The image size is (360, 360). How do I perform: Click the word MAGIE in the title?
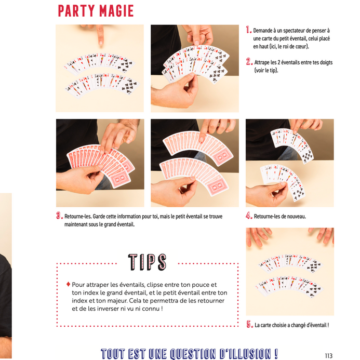click(116, 11)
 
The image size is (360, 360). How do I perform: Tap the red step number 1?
click(249, 30)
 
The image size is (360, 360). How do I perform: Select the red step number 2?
click(249, 61)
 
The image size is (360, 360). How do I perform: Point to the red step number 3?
click(59, 216)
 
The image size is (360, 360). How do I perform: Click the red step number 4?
click(249, 216)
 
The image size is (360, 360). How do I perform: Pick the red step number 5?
click(249, 324)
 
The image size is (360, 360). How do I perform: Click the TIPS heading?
click(147, 262)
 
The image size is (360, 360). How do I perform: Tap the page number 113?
click(329, 356)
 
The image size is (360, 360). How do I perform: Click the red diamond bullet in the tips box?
click(68, 284)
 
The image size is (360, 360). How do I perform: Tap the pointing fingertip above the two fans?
click(101, 43)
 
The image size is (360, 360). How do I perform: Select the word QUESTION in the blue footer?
click(193, 354)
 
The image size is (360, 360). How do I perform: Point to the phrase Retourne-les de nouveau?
click(280, 216)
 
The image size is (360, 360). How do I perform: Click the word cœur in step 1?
click(302, 46)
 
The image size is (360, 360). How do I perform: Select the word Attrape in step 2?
click(262, 62)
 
